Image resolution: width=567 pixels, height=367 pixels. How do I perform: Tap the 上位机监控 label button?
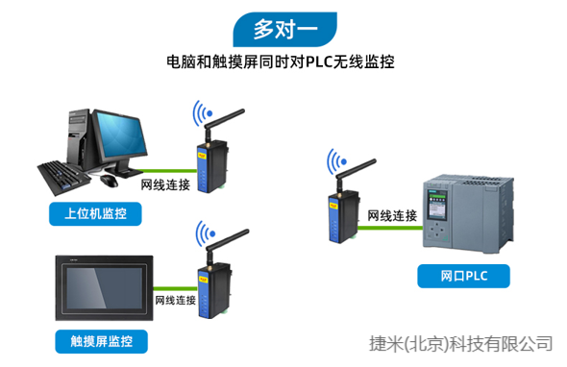[x=95, y=213]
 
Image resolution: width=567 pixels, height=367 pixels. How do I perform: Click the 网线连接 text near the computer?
[x=165, y=183]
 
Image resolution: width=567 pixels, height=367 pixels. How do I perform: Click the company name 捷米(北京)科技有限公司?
[x=461, y=341]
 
